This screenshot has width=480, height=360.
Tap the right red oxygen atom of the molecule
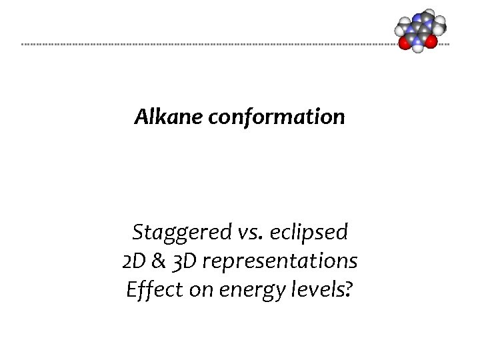431,41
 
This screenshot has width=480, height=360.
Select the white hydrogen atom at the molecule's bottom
418,47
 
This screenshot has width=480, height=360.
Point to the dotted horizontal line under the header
200,45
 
